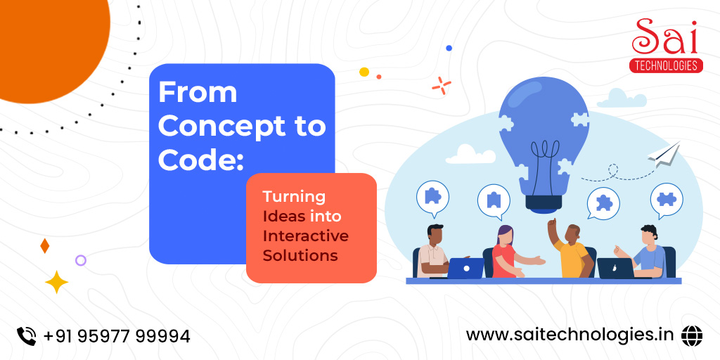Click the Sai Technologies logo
pos(666,46)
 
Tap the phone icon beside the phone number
pos(26,336)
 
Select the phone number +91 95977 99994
pos(117,337)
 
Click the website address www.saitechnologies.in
pos(570,335)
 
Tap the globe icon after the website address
pos(692,335)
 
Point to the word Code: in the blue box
pos(200,160)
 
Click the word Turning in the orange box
pos(294,197)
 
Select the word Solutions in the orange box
pos(300,255)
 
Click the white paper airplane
pos(664,155)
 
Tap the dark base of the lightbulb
pos(544,202)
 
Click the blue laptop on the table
pos(465,268)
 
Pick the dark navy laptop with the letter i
pos(616,268)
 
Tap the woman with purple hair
pos(509,252)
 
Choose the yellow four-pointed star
pos(56,282)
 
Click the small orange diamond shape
pos(44,245)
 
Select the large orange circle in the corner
pos(51,46)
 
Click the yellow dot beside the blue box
pos(364,72)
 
